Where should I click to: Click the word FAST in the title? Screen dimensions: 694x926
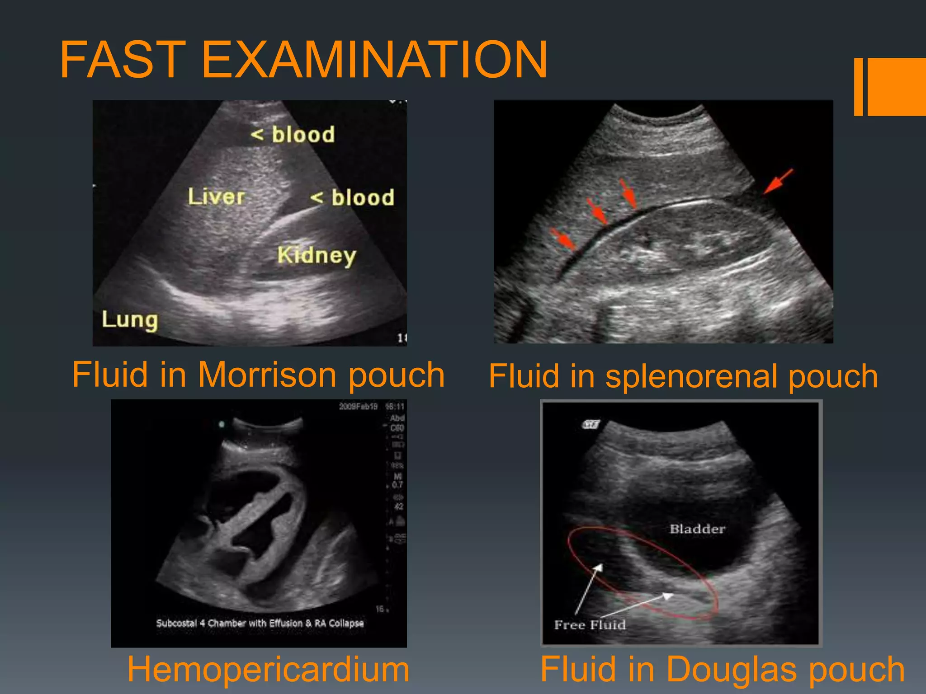click(123, 60)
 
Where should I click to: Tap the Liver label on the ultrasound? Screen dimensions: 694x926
click(216, 197)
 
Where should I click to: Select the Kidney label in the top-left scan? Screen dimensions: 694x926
click(317, 255)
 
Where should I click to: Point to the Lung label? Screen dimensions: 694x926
click(130, 319)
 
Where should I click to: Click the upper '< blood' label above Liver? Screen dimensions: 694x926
click(293, 134)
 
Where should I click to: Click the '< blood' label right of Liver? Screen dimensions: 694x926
click(352, 197)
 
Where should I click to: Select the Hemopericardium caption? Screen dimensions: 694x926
click(268, 669)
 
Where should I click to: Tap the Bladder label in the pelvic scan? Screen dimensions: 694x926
click(697, 529)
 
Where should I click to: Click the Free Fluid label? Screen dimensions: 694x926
click(590, 625)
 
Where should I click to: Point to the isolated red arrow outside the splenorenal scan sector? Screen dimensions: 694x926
click(778, 181)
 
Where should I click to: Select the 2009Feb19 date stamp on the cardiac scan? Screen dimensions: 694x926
click(358, 407)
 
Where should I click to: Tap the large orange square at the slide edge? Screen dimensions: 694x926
click(897, 87)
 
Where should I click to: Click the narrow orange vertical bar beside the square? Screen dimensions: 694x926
click(858, 87)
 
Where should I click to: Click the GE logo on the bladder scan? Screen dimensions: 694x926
click(591, 424)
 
